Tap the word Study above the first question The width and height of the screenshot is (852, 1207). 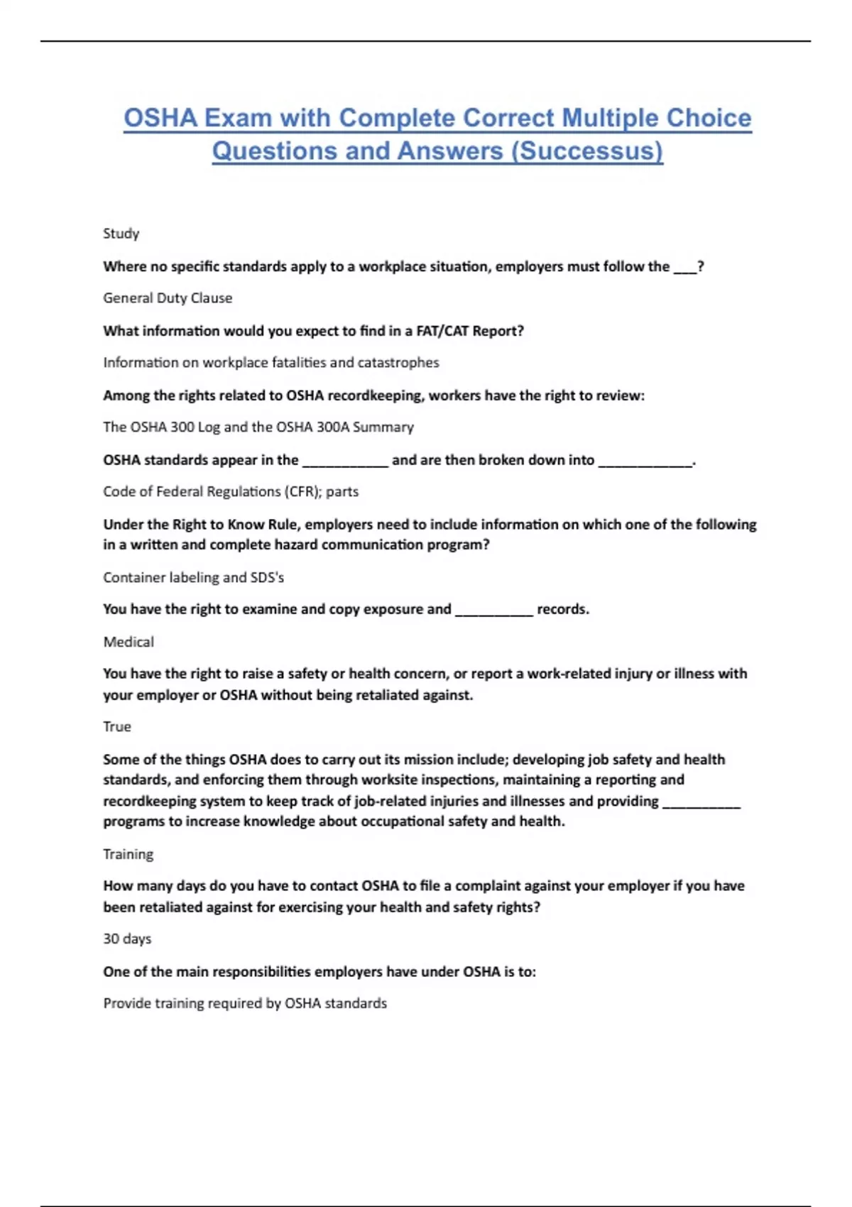click(121, 234)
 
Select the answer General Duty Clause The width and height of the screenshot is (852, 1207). click(168, 298)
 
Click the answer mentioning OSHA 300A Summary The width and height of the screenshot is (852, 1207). click(258, 427)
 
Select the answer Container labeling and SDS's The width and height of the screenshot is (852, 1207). click(193, 577)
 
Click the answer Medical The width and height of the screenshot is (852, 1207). click(129, 642)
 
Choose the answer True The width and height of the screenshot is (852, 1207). click(117, 727)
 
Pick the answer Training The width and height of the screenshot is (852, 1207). click(128, 854)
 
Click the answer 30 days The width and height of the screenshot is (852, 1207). click(127, 939)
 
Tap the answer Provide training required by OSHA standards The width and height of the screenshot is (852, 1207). click(245, 1003)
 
